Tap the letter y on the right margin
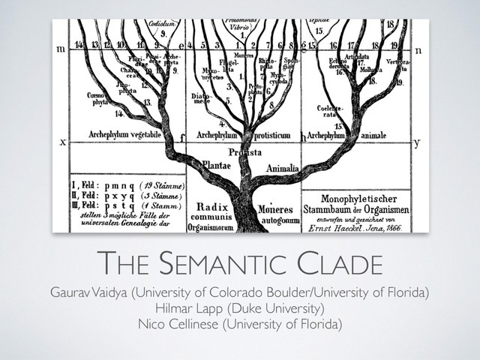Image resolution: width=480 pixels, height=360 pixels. [416, 140]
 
